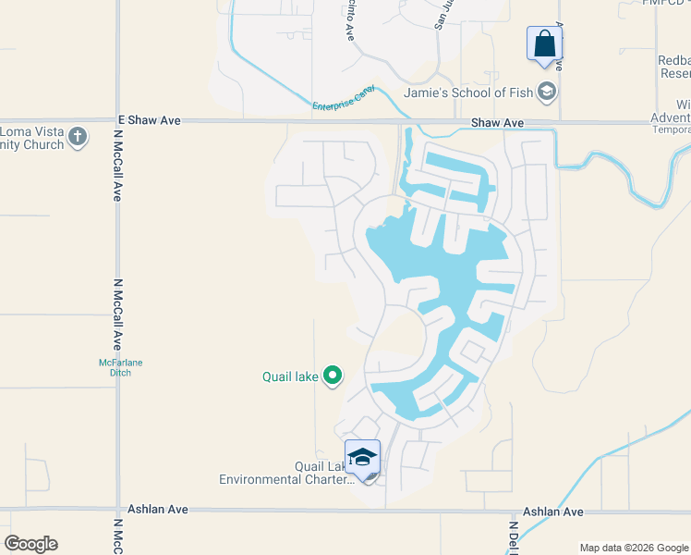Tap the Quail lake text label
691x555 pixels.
point(290,376)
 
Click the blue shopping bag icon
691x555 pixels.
point(544,43)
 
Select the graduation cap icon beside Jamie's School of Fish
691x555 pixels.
point(548,92)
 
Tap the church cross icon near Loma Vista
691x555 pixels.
point(78,137)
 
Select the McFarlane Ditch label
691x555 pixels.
point(115,367)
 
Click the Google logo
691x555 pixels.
point(30,544)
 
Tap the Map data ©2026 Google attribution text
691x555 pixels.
point(634,548)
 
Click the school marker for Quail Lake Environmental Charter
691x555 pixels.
point(362,457)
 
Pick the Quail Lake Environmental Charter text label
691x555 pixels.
point(286,473)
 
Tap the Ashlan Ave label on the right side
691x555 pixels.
point(553,512)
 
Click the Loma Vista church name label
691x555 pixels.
point(32,138)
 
